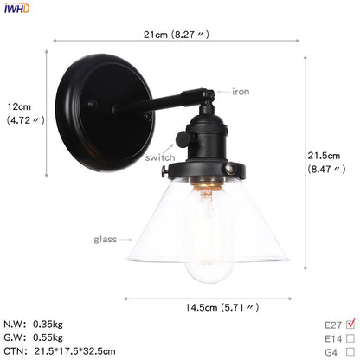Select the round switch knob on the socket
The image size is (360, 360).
(x=183, y=139)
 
